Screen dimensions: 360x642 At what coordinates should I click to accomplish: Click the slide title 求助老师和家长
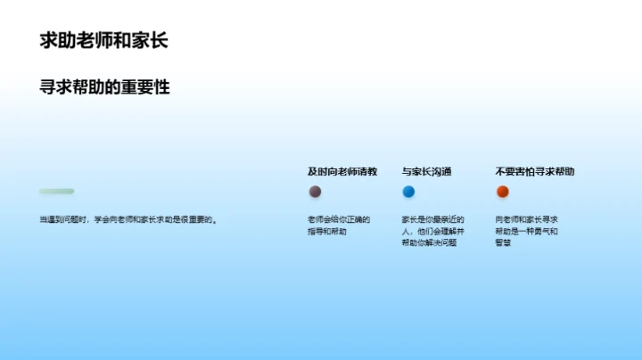103,41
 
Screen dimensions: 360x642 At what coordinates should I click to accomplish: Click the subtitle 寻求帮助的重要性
104,87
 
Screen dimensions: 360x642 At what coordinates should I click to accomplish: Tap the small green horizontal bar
56,192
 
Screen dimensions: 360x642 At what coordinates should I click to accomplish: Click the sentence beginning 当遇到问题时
128,219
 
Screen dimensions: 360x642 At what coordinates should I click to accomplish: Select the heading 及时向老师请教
342,171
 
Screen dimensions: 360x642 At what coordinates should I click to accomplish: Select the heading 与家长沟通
426,171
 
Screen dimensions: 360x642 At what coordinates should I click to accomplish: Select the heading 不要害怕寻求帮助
535,171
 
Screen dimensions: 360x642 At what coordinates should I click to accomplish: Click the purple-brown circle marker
315,192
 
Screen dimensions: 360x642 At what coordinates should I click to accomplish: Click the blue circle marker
408,192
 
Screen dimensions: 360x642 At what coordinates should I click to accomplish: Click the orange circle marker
502,192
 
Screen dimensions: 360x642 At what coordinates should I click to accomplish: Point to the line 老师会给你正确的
339,219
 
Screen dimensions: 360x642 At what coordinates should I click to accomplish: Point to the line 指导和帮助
327,231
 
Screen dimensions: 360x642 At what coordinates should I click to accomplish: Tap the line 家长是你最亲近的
432,219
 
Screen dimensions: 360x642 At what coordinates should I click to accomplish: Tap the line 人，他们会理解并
432,231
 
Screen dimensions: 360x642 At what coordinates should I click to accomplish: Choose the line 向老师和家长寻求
526,219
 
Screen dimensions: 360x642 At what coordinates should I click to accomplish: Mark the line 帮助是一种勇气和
526,231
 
